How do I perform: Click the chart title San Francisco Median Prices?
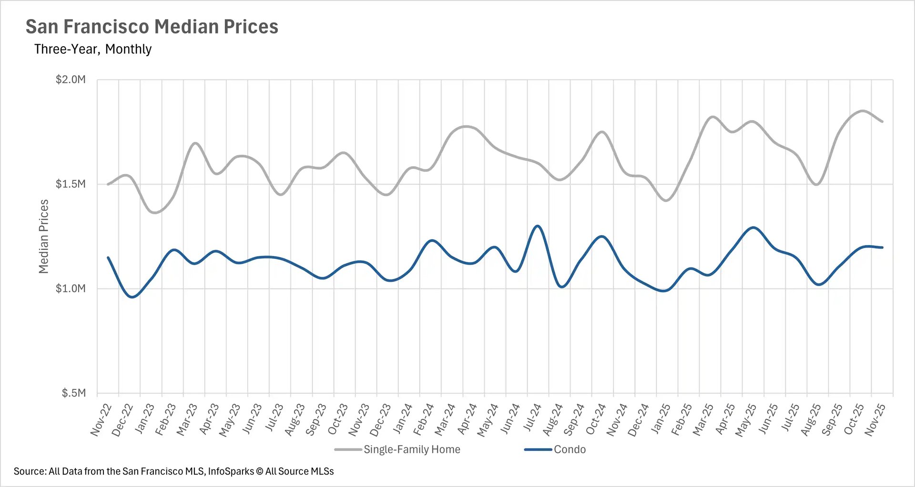tap(152, 27)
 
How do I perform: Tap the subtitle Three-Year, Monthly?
tap(93, 49)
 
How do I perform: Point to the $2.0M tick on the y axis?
tap(71, 80)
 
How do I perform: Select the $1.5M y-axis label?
tap(71, 184)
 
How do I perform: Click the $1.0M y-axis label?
tap(71, 288)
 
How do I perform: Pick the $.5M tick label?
tap(73, 393)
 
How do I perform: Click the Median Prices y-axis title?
tap(43, 237)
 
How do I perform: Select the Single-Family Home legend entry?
tap(411, 449)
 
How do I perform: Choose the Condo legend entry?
tap(569, 449)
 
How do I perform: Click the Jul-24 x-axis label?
tap(532, 418)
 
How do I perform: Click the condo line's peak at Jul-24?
tap(538, 226)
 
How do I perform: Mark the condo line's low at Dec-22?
tap(132, 297)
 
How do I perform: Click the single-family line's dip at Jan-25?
tap(666, 200)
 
